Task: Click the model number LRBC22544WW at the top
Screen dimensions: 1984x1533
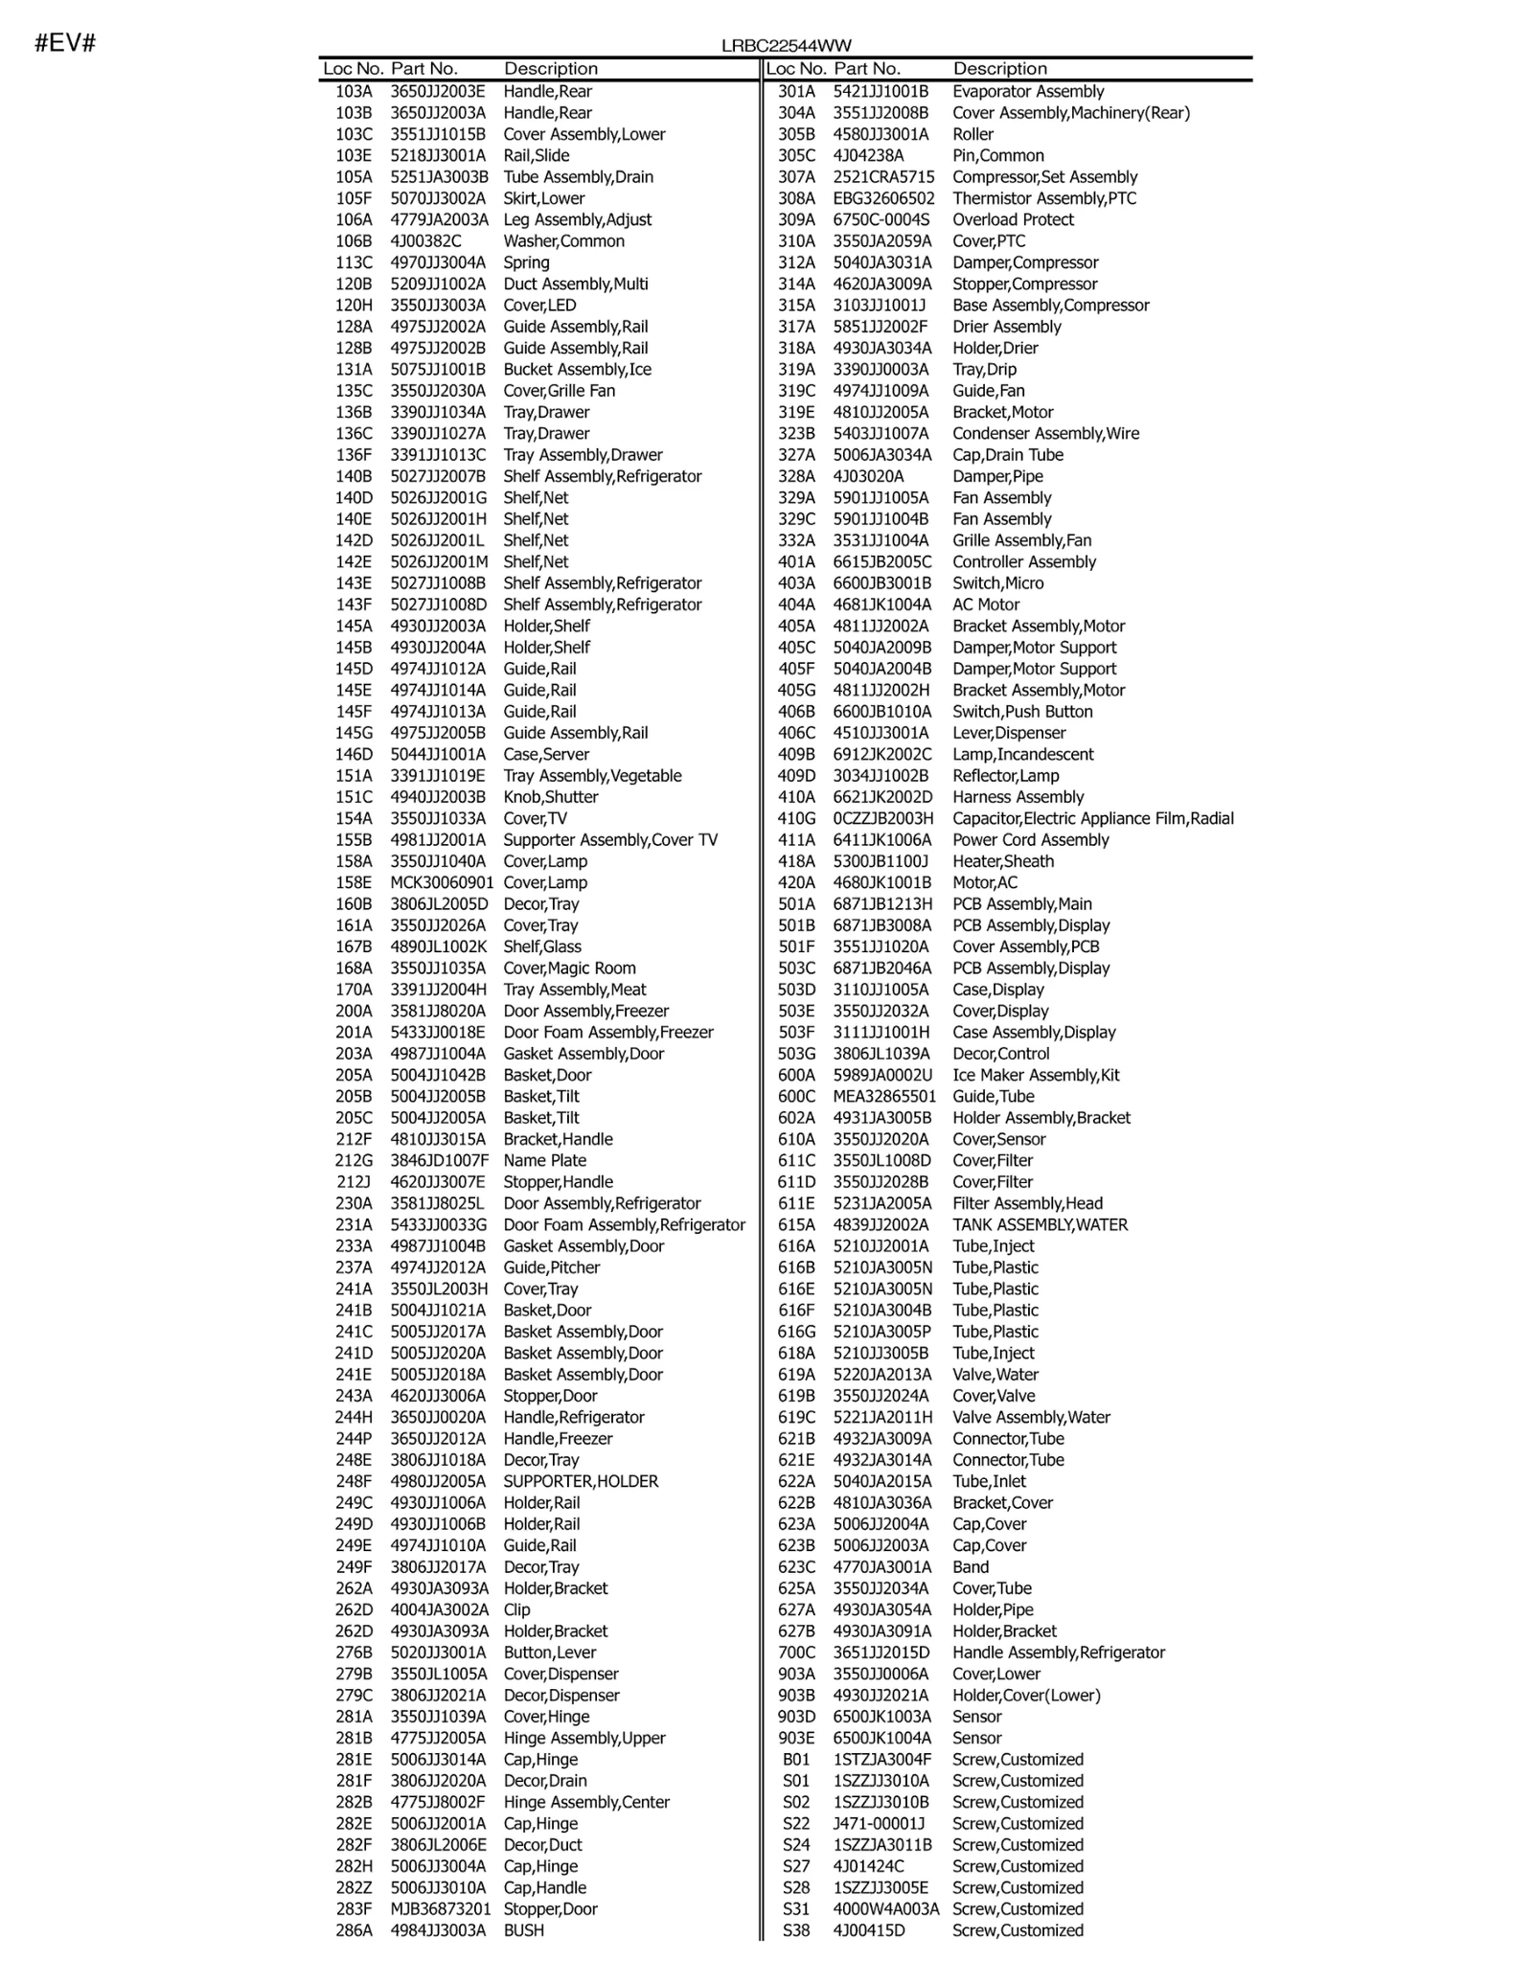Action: click(786, 46)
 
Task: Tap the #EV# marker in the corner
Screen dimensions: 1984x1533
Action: click(65, 43)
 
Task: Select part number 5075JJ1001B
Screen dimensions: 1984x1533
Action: click(437, 370)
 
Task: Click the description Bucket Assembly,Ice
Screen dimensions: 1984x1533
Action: click(577, 370)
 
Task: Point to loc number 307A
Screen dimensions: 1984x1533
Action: click(796, 177)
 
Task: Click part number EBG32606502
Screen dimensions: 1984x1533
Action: click(883, 198)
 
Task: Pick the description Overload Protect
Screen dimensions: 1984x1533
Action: click(1013, 220)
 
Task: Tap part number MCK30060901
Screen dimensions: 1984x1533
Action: click(442, 883)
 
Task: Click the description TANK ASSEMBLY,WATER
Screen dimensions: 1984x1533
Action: click(1040, 1225)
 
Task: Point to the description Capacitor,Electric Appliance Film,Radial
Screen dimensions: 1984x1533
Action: click(1092, 819)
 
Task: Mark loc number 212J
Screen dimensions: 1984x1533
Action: click(354, 1182)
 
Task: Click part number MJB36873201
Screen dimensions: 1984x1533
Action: click(440, 1909)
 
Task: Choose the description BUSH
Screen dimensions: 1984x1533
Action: click(523, 1930)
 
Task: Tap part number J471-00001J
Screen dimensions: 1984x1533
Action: click(879, 1824)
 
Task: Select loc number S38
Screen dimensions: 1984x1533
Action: click(796, 1930)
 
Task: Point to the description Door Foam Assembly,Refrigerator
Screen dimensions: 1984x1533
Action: click(624, 1225)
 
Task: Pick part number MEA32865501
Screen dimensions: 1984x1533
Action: click(884, 1097)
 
